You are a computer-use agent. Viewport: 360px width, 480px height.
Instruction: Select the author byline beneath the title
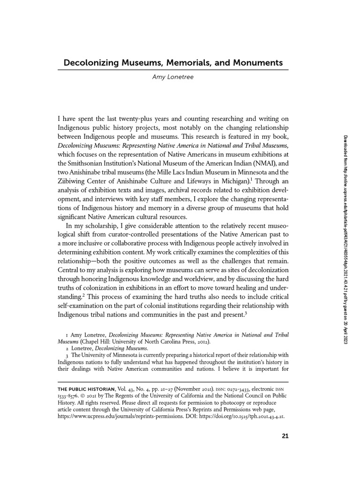172,77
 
